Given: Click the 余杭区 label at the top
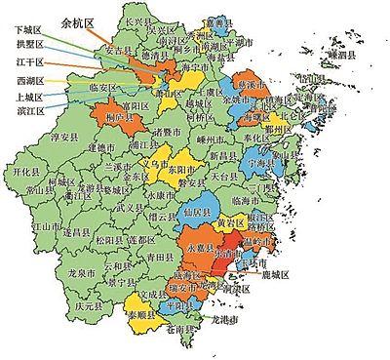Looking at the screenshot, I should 78,20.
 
